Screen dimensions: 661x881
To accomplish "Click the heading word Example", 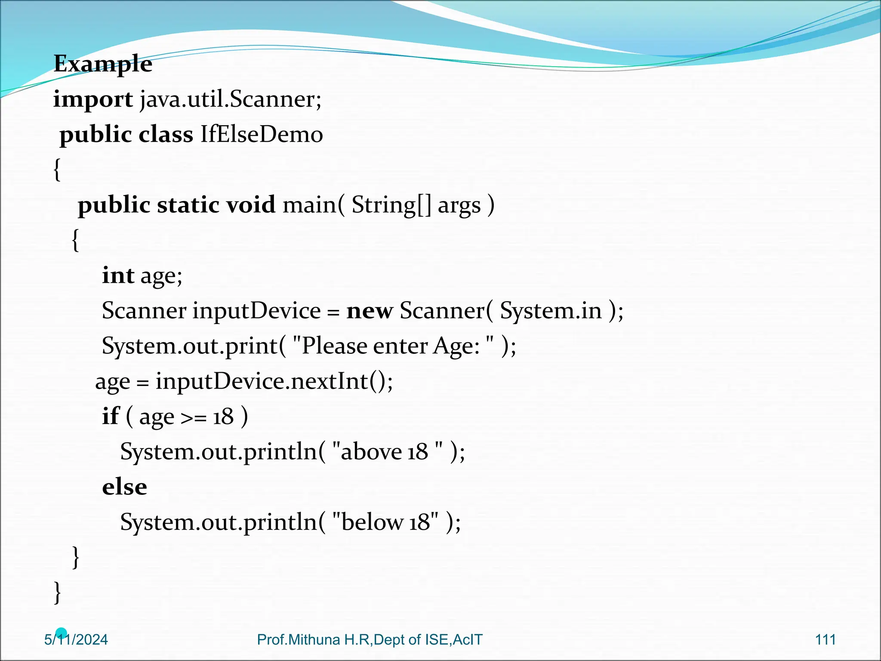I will tap(103, 64).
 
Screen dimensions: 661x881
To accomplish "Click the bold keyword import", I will tap(93, 100).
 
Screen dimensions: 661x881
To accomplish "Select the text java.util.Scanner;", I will tap(231, 99).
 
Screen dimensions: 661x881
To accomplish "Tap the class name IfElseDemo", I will tap(262, 134).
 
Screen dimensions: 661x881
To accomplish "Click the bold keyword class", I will tap(166, 134).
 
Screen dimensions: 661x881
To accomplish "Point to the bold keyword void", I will tap(251, 205).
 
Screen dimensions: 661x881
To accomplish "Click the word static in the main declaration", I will tap(188, 205).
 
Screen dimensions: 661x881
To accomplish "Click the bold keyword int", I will tap(118, 275).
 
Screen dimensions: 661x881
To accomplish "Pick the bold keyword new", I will tap(370, 311).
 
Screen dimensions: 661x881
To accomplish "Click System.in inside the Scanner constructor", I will tap(551, 311).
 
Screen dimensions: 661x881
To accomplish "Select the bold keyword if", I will tap(110, 417).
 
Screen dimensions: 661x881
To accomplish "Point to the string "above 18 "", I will tap(387, 452).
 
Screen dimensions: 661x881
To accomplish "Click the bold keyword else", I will tap(124, 487).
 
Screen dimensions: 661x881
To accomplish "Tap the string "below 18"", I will tap(385, 522).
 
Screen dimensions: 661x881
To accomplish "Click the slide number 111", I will tap(825, 639).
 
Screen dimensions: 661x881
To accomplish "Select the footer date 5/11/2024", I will tap(76, 640).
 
